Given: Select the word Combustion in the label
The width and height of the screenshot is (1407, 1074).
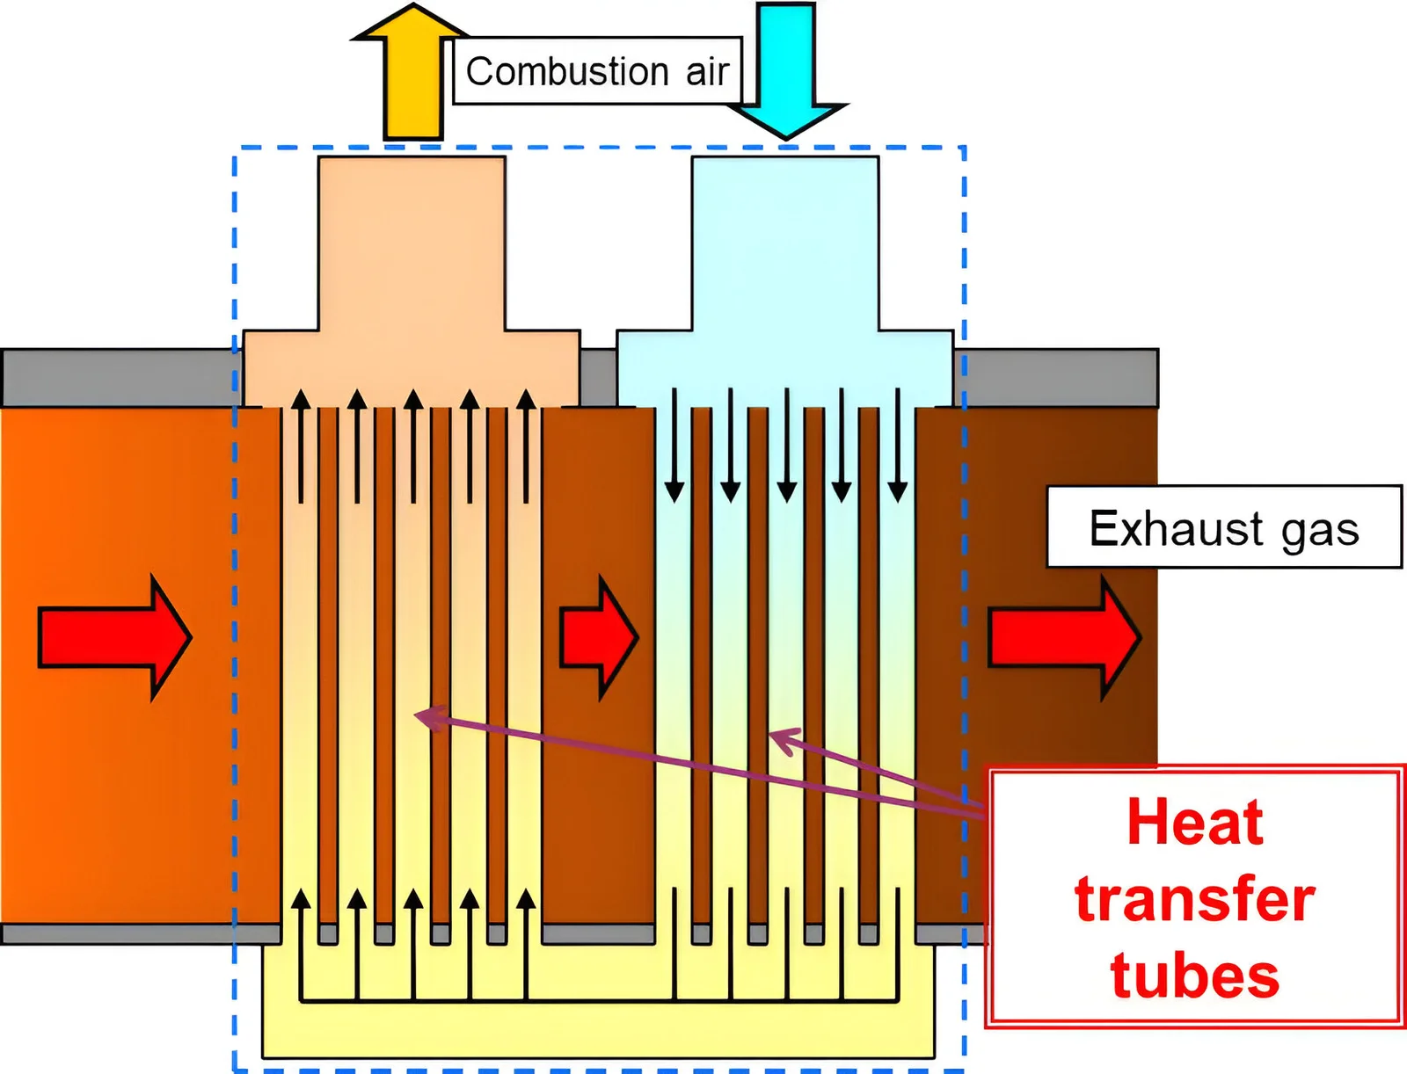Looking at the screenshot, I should pos(567,71).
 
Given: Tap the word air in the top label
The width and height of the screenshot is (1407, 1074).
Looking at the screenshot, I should pos(707,72).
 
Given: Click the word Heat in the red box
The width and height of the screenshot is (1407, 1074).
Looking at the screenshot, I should pos(1195,823).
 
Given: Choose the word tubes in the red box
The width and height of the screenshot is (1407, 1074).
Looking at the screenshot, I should pos(1195,976).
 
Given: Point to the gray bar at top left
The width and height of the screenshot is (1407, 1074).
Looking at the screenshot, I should pos(119,378).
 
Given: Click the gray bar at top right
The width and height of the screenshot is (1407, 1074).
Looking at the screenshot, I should pos(1055,378).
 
